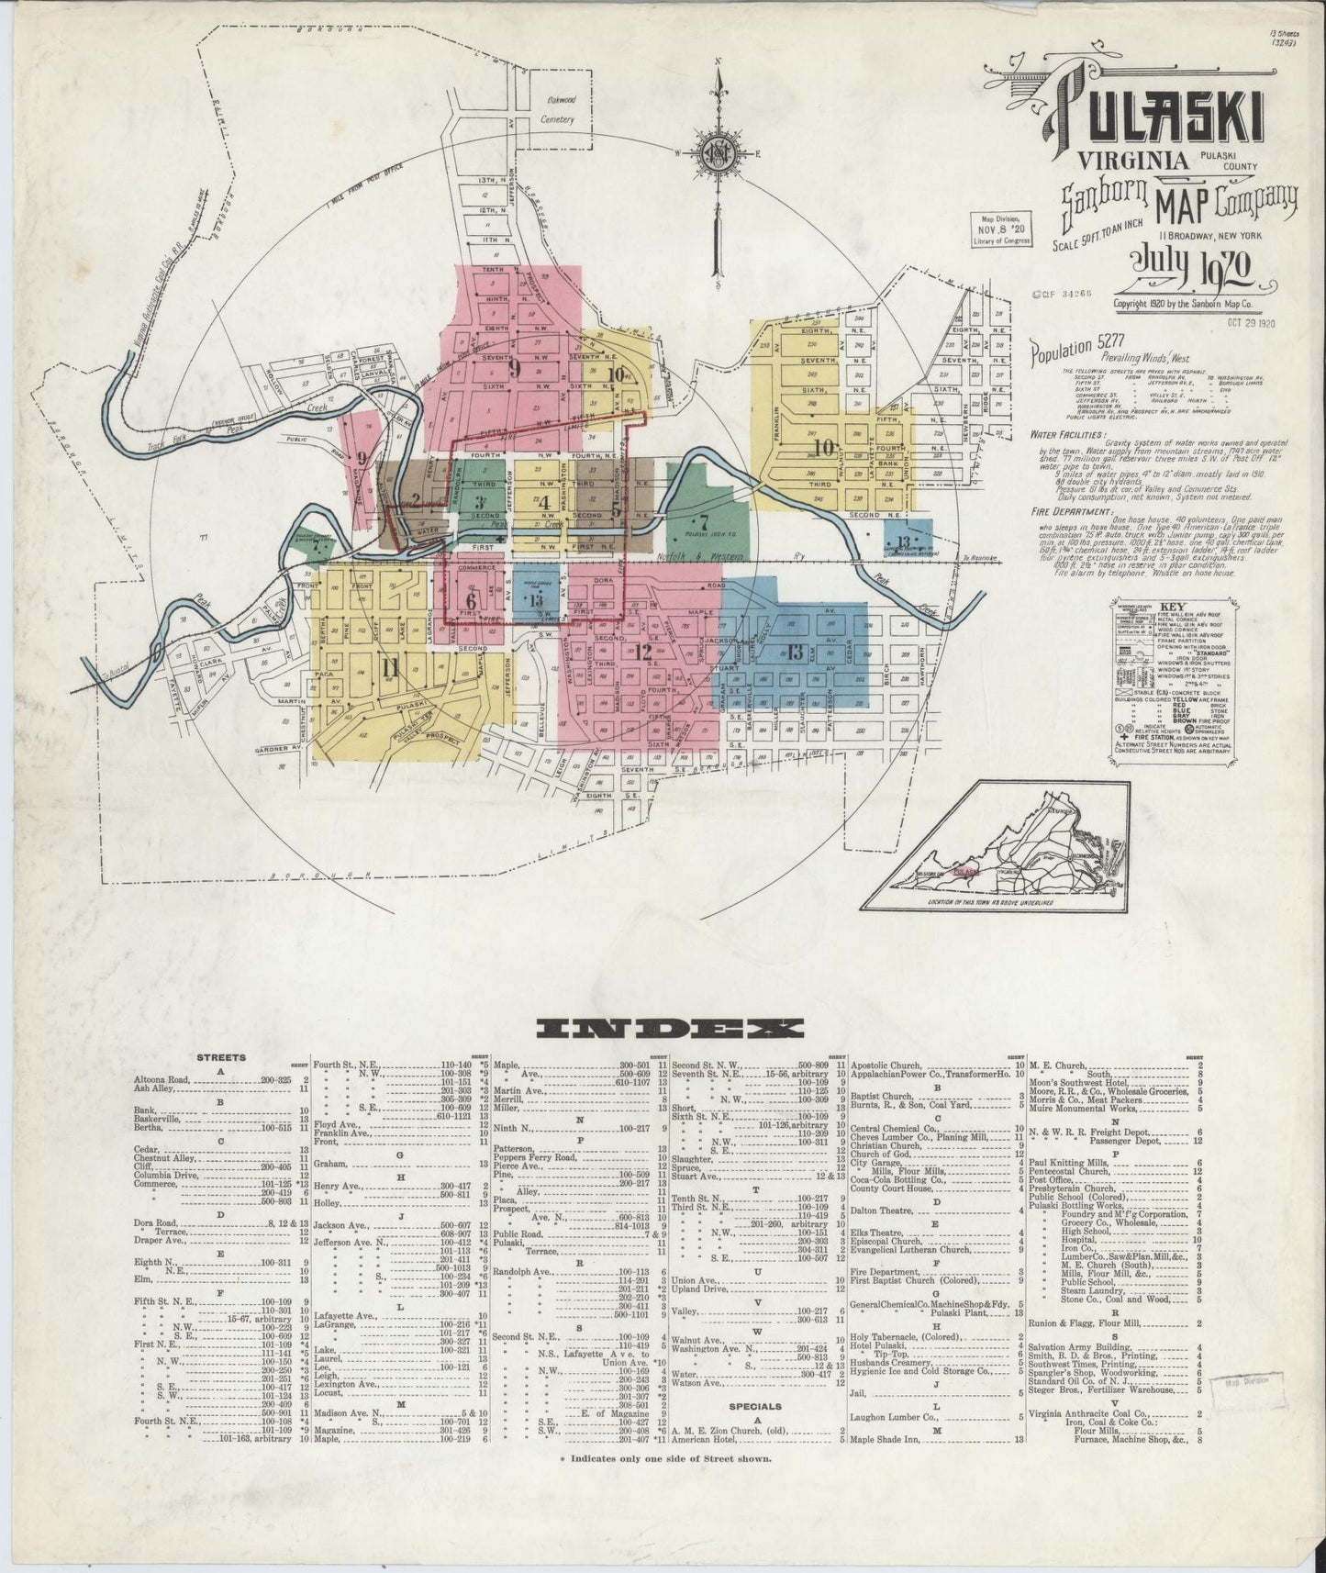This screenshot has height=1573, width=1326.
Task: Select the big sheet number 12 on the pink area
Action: coord(643,653)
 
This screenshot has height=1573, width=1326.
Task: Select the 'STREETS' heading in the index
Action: coord(220,1057)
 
